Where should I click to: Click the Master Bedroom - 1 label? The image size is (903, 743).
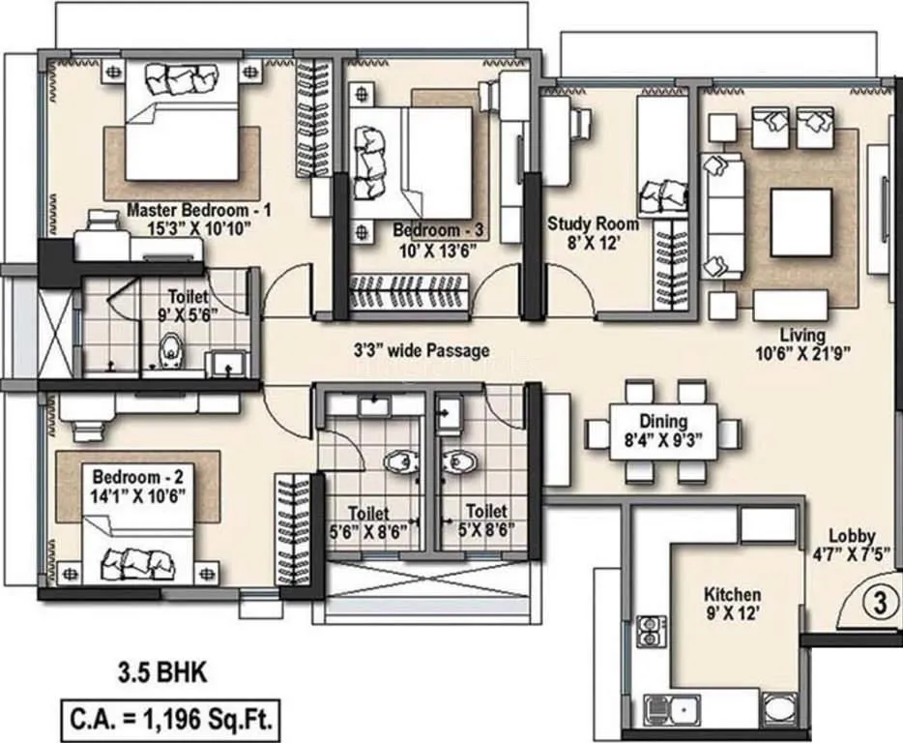200,209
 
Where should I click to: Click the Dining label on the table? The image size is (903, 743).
663,421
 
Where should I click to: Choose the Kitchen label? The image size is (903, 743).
732,594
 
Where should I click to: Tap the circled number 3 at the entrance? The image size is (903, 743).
879,604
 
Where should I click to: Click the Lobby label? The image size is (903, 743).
851,535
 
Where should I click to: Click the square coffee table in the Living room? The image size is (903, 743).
801,223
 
